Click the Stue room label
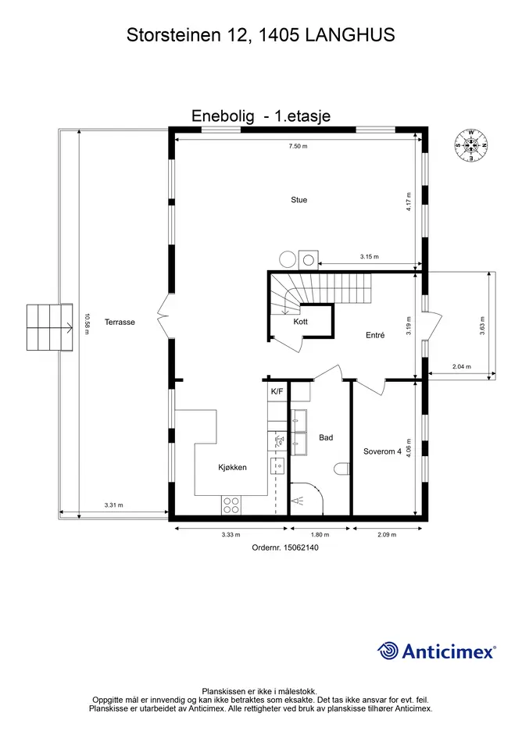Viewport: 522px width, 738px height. [299, 200]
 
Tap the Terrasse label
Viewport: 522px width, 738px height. [120, 322]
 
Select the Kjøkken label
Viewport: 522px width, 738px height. [232, 467]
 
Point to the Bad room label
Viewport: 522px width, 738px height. [326, 437]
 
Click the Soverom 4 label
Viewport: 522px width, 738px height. [382, 451]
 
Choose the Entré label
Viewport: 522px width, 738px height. [375, 335]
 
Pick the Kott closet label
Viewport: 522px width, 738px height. [301, 322]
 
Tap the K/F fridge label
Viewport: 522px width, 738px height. [277, 391]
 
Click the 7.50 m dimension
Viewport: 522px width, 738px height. [299, 146]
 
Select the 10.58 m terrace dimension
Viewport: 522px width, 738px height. [86, 324]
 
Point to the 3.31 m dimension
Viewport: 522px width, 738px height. [113, 505]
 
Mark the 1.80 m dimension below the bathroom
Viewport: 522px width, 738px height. [320, 535]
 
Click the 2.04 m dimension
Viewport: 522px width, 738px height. [461, 366]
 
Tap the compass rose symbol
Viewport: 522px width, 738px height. [471, 145]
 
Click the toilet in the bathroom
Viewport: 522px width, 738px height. [341, 469]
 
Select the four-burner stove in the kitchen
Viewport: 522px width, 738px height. [231, 505]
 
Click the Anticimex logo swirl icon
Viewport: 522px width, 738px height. [388, 651]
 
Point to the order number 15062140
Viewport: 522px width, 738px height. [301, 548]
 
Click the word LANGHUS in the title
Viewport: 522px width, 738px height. [350, 35]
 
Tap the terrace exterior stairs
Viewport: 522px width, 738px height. [49, 327]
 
